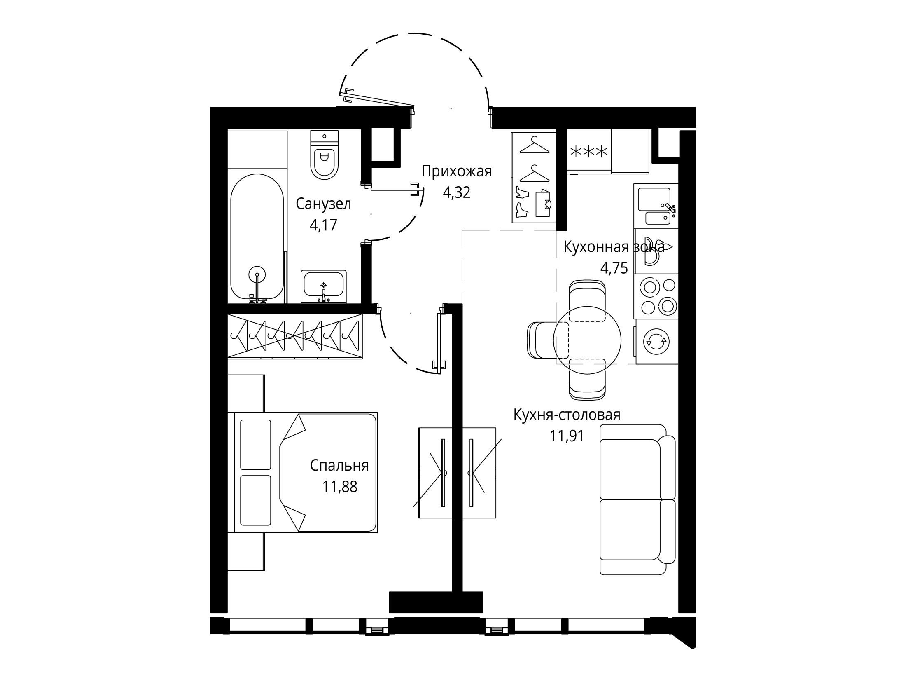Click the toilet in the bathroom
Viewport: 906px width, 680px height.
(325, 155)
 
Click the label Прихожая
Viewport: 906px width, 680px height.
(457, 171)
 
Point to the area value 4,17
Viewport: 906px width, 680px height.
(324, 225)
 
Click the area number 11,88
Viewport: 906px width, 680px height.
(340, 487)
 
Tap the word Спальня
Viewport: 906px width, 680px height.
(339, 466)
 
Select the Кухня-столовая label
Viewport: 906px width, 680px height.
(567, 415)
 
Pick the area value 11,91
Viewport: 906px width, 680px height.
(567, 436)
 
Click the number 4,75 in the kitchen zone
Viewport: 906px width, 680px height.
(614, 269)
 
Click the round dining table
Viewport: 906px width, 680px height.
(587, 339)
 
